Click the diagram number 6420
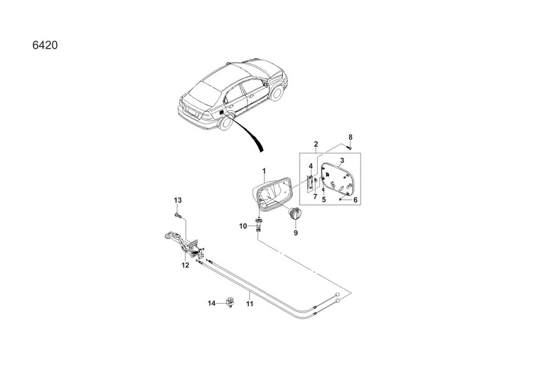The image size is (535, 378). click(x=45, y=45)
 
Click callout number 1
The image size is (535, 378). click(x=263, y=170)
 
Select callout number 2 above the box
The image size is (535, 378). click(x=316, y=144)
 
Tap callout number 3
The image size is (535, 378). click(x=342, y=160)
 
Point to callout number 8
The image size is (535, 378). click(x=350, y=137)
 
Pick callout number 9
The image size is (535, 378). click(x=296, y=233)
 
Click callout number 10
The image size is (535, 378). click(x=243, y=226)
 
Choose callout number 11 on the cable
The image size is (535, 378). click(x=250, y=304)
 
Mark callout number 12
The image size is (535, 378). click(x=185, y=265)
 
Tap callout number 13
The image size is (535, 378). click(x=178, y=200)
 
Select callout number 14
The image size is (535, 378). click(x=212, y=303)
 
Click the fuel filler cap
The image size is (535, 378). click(x=296, y=213)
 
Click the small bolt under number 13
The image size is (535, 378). click(x=177, y=215)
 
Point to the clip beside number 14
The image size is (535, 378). click(x=230, y=303)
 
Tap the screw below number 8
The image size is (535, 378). click(x=349, y=148)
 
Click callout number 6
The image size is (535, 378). click(x=355, y=200)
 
